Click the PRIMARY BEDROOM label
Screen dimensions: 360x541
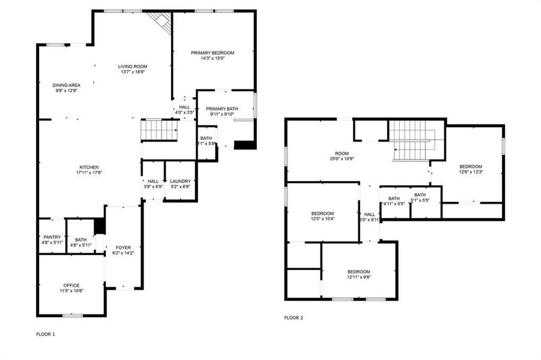coord(213,53)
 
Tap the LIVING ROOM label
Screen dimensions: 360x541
coord(132,66)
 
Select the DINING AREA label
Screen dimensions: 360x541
coord(66,85)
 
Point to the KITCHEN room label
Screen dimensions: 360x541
coord(89,167)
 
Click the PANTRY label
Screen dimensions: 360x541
coord(52,237)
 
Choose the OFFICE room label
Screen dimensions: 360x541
coord(71,285)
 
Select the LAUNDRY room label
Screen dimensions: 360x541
coord(180,181)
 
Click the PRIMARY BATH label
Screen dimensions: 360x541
coord(222,109)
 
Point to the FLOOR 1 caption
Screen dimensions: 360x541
coord(46,333)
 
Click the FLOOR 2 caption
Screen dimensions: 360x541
coord(294,317)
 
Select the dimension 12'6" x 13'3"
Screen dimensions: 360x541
coord(471,172)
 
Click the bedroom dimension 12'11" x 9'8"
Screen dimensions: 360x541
coord(358,277)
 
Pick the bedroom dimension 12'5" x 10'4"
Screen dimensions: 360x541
coord(322,219)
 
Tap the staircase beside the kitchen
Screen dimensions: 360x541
coord(159,130)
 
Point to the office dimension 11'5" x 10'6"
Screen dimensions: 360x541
coord(71,291)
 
